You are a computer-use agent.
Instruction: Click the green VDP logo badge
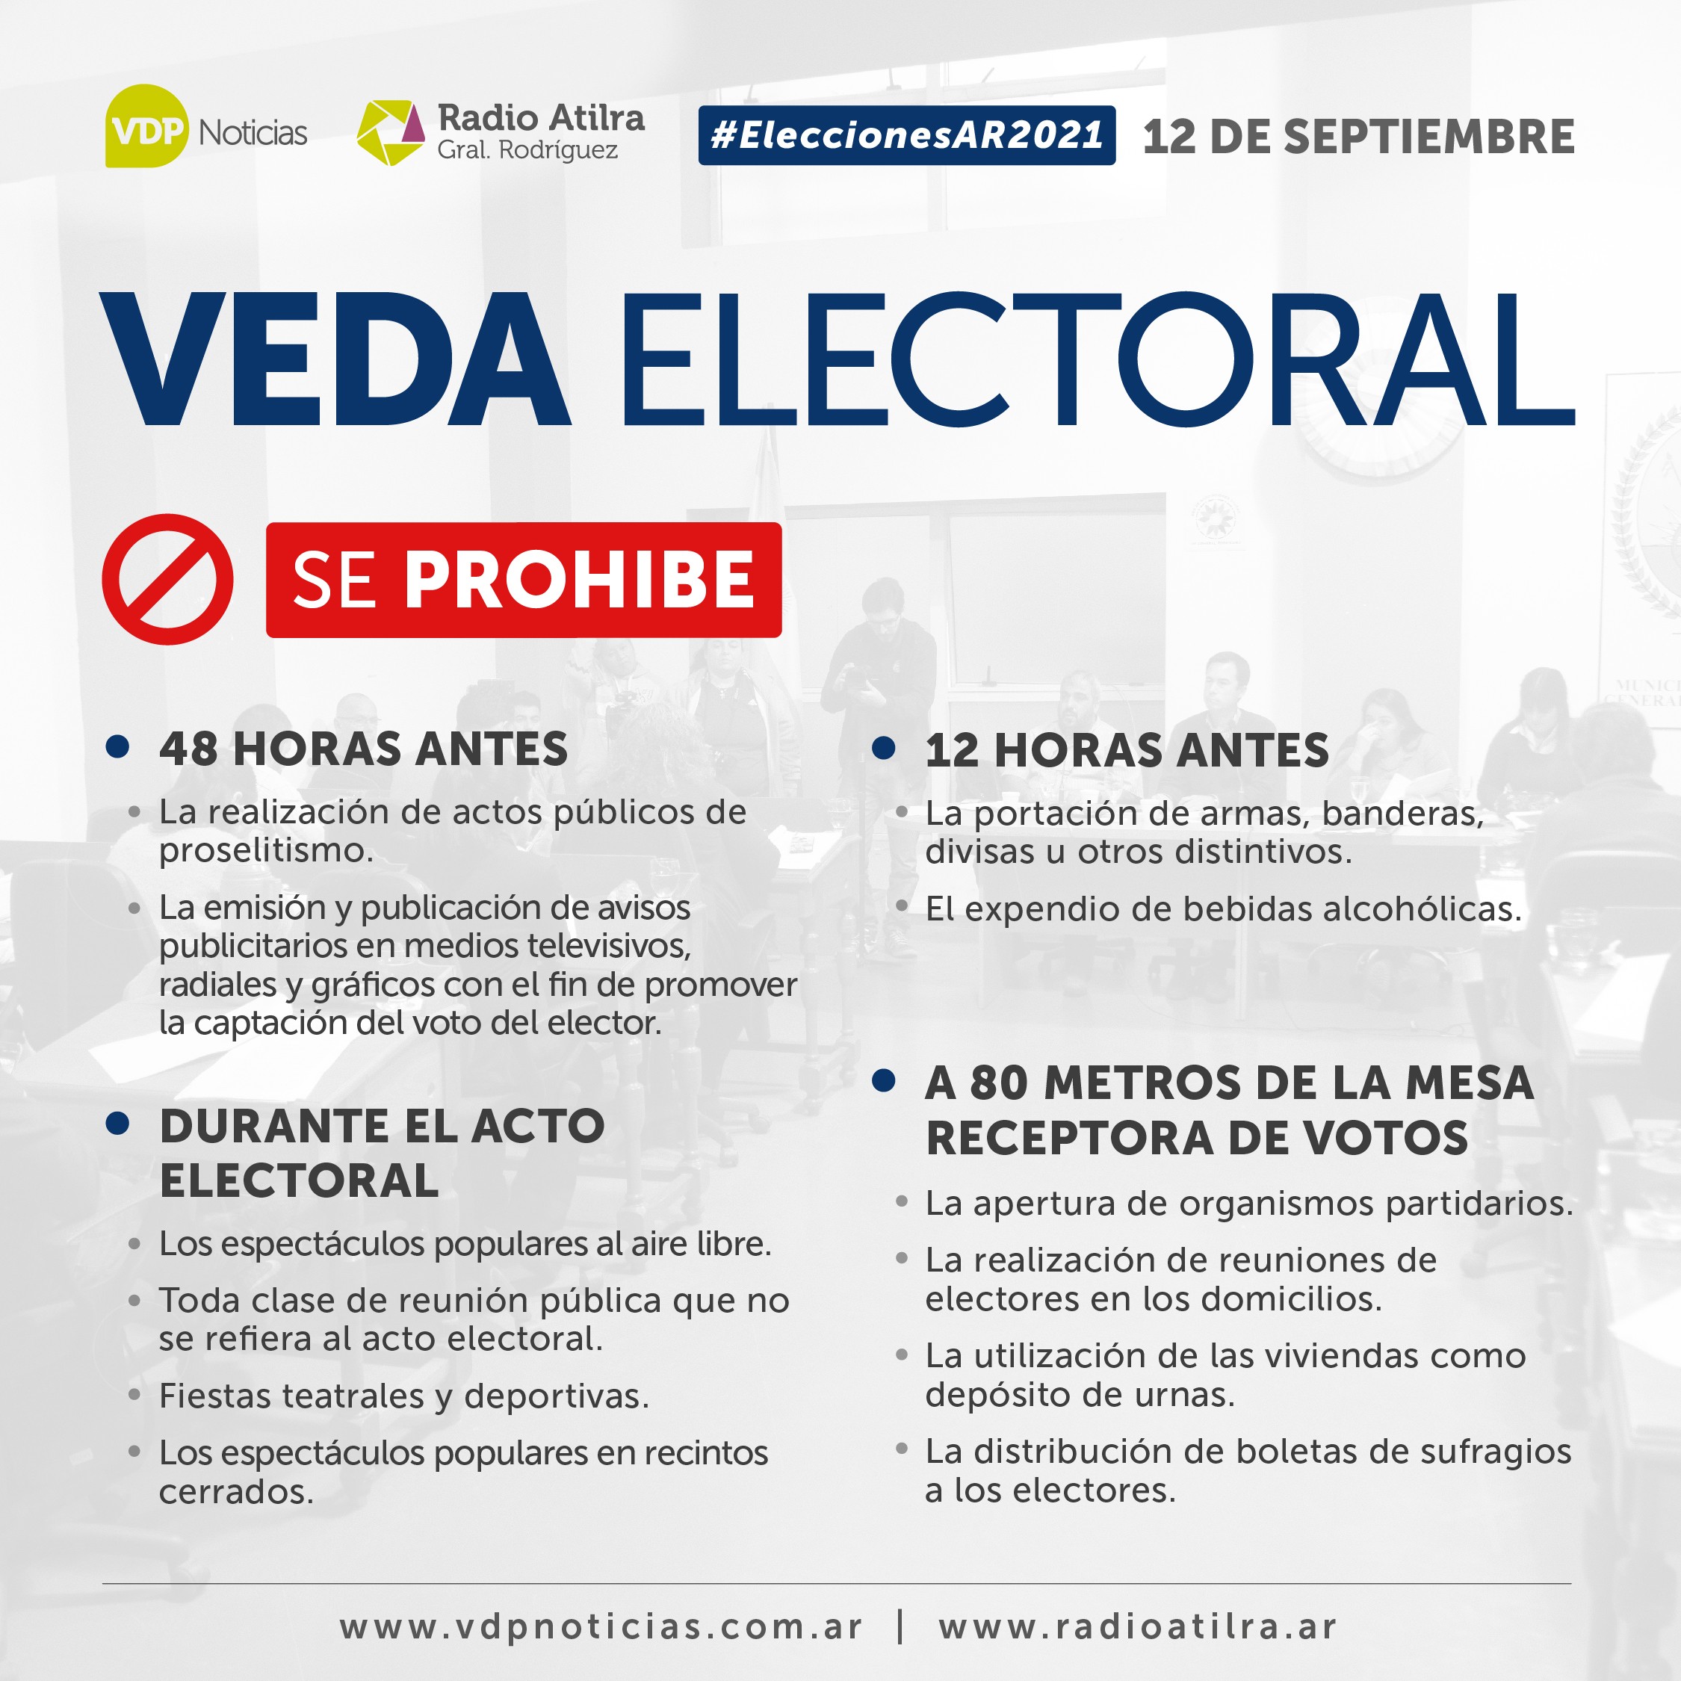tap(146, 126)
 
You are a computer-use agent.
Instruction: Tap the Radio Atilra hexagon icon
tap(391, 132)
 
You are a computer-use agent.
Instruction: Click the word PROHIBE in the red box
tap(580, 581)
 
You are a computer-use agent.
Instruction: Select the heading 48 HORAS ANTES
tap(363, 749)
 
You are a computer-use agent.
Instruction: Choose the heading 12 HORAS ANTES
tap(1127, 750)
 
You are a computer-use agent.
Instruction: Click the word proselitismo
tap(265, 851)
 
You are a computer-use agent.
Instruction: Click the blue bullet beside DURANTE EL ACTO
tap(117, 1123)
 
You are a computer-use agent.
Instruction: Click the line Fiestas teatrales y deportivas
tap(403, 1396)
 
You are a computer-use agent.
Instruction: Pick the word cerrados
tap(236, 1491)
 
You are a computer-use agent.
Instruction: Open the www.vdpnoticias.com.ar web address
tap(601, 1627)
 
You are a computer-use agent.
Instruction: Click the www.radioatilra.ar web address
tap(1137, 1627)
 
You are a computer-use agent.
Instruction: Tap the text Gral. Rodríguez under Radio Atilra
tap(527, 150)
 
